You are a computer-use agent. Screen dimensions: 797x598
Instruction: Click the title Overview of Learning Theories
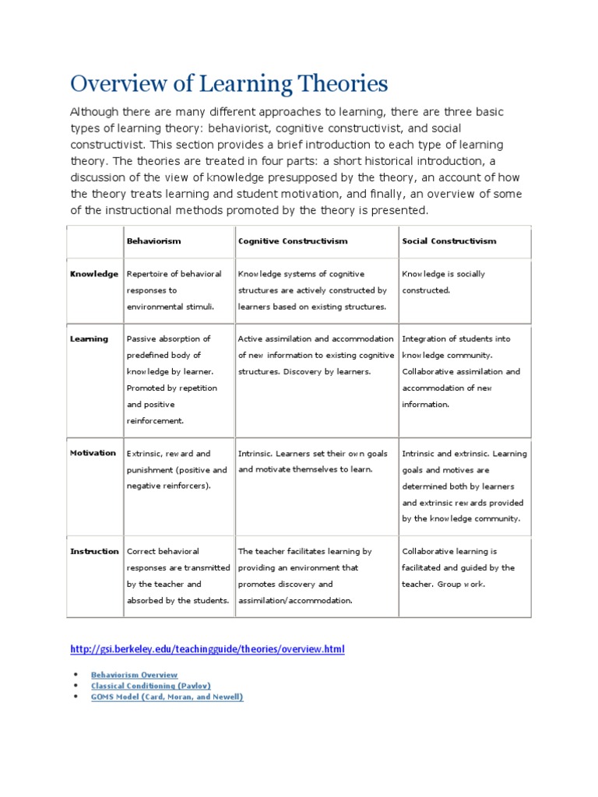(x=228, y=83)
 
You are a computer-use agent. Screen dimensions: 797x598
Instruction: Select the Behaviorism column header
(x=153, y=241)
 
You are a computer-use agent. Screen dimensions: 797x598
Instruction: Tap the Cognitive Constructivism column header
(x=293, y=241)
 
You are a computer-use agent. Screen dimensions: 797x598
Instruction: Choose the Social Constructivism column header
(x=448, y=241)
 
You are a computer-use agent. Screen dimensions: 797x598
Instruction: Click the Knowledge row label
(x=94, y=274)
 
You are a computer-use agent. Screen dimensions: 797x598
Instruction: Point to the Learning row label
(x=90, y=339)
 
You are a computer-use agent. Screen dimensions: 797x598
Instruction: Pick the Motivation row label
(x=93, y=453)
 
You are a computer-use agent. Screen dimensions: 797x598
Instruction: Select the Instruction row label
(x=94, y=551)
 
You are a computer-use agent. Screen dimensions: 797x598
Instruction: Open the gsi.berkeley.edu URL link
(x=206, y=648)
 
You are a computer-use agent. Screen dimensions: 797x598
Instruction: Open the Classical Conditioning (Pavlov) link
(x=150, y=686)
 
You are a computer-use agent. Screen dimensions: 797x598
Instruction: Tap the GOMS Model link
(x=167, y=697)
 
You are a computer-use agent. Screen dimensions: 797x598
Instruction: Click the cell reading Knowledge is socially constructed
(x=443, y=282)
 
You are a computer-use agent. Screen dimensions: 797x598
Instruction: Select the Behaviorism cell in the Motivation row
(x=177, y=469)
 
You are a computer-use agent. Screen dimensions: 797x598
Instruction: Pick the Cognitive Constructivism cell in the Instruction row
(x=305, y=575)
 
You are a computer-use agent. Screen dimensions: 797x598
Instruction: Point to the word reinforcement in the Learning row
(x=155, y=421)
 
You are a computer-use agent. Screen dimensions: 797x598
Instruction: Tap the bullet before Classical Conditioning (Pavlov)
(x=75, y=686)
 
